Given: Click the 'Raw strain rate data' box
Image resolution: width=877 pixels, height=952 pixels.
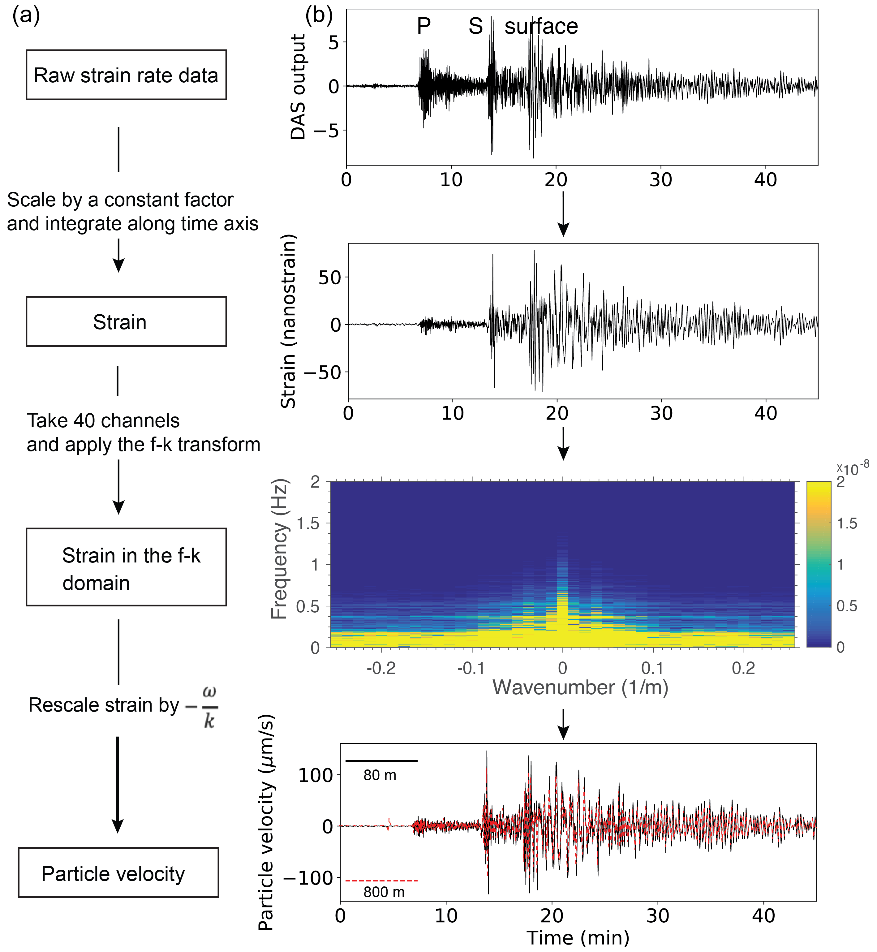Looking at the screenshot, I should [126, 75].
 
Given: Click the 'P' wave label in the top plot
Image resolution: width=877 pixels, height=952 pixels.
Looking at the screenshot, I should [424, 26].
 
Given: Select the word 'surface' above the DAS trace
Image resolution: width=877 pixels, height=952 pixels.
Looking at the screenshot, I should [541, 26].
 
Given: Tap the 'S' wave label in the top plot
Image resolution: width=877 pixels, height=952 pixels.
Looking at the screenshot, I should [475, 26].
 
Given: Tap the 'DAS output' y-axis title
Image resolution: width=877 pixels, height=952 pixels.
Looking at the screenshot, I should [298, 87].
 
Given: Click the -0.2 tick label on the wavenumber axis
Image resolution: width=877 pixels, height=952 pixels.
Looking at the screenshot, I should [381, 668].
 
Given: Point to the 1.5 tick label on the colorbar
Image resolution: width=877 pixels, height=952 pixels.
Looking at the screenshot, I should [847, 523].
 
